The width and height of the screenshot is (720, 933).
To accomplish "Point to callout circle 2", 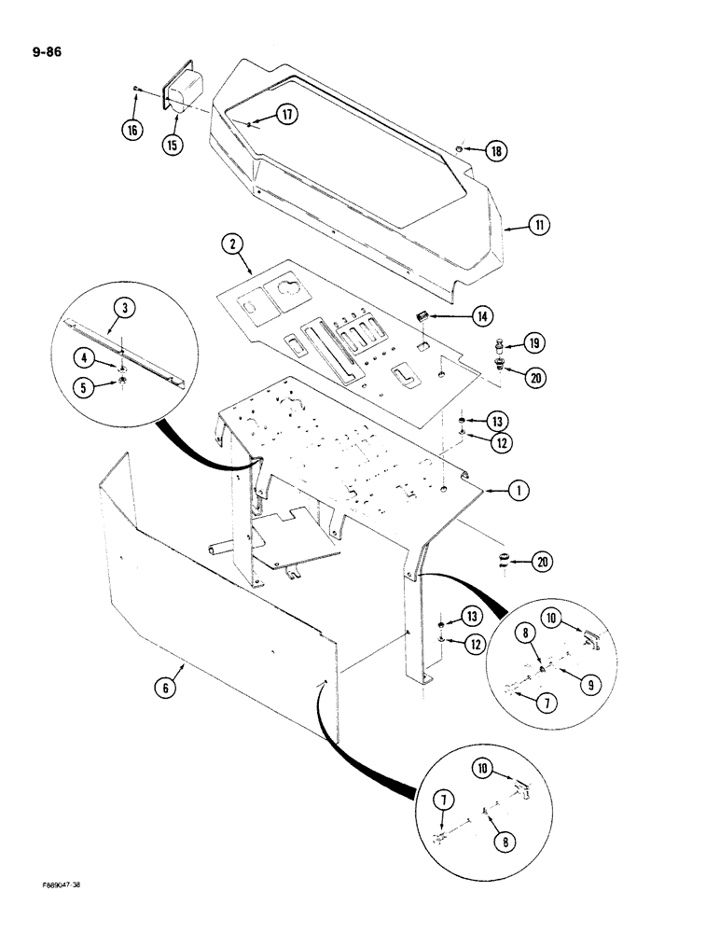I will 231,245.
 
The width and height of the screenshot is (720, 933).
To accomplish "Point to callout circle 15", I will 173,145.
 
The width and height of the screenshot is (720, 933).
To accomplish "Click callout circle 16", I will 132,130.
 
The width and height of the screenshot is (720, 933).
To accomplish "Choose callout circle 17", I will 285,115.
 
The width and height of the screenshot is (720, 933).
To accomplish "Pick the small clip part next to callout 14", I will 422,316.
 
